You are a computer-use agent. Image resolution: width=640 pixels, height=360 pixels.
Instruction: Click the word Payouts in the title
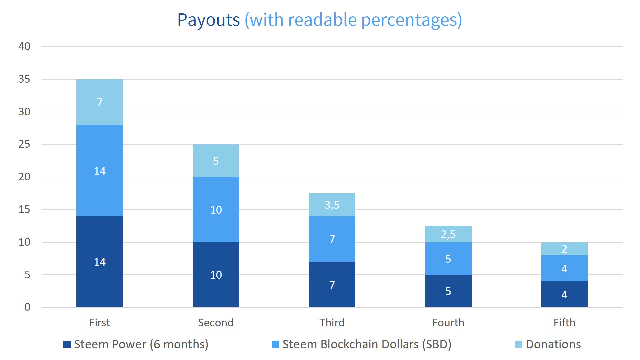click(208, 20)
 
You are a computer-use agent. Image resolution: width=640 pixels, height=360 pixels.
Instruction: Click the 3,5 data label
click(332, 205)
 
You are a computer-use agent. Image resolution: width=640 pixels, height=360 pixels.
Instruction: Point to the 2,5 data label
click(448, 234)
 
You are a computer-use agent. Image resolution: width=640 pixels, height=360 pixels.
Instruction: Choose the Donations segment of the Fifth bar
click(564, 249)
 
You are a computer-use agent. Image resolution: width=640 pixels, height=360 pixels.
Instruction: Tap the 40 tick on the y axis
click(24, 46)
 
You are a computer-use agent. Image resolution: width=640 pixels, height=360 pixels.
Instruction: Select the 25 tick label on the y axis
click(24, 144)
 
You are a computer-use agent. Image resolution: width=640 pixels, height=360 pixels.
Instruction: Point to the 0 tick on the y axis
click(27, 307)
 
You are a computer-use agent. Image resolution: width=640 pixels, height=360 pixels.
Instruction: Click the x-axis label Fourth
click(448, 323)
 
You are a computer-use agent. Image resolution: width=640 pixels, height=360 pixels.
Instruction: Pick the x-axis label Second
click(216, 323)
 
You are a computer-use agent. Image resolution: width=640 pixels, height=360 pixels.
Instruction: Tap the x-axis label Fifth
click(564, 323)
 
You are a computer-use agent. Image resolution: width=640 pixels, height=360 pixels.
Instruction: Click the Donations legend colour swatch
click(518, 344)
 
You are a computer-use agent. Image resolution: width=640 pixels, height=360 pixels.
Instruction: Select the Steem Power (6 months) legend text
click(141, 344)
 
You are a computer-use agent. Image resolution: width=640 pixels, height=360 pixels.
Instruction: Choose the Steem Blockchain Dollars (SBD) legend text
click(367, 344)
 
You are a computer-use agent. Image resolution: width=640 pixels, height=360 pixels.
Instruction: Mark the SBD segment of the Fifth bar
click(564, 268)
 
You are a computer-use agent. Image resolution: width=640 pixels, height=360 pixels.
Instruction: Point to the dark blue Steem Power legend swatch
click(67, 344)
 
